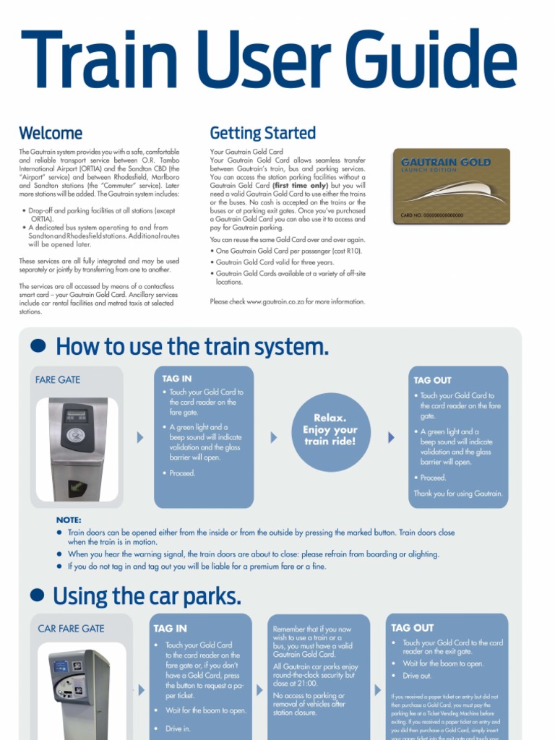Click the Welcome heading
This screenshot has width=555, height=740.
pos(51,133)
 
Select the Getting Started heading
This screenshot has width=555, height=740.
pos(262,133)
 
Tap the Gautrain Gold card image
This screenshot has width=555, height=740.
pos(451,186)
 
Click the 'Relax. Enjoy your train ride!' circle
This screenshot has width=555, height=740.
pos(330,430)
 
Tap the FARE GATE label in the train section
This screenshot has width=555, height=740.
pos(58,379)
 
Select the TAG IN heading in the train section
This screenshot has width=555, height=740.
pos(177,378)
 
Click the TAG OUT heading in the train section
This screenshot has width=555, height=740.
pos(432,380)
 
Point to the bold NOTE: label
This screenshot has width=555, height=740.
pos(69,520)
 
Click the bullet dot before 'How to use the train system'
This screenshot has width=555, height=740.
pos(38,346)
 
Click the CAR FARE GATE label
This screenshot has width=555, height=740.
pos(71,629)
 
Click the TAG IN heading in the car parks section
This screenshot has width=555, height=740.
pos(171,628)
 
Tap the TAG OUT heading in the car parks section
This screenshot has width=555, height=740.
pos(412,628)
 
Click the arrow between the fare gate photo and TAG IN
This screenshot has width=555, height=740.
pos(139,437)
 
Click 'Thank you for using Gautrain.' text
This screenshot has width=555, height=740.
pos(457,494)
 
